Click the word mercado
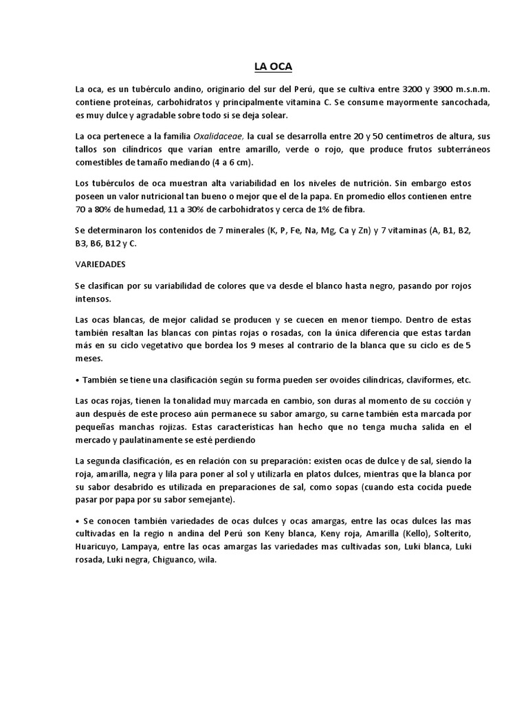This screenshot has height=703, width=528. coord(96,439)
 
